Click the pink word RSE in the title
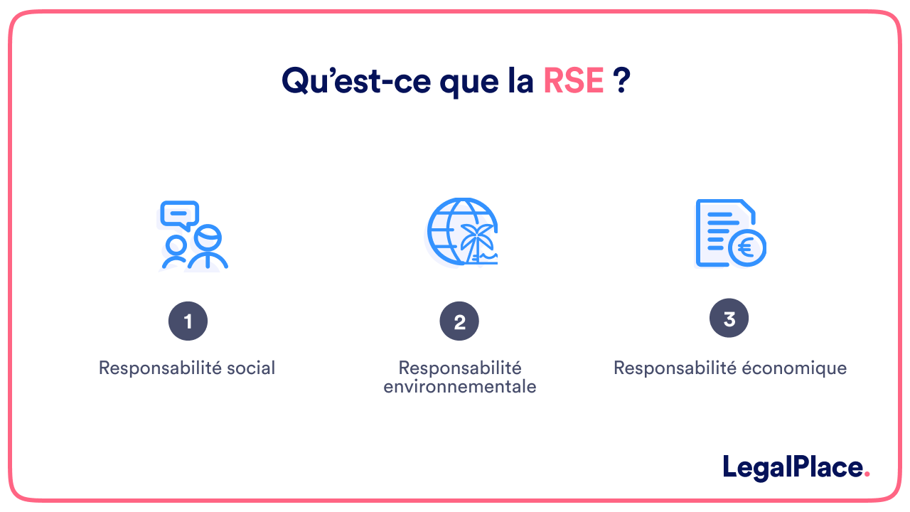pyautogui.click(x=573, y=81)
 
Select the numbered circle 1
pyautogui.click(x=188, y=322)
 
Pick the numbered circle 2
pyautogui.click(x=459, y=322)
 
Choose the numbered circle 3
pyautogui.click(x=729, y=319)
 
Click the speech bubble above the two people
pyautogui.click(x=179, y=214)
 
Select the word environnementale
pyautogui.click(x=459, y=388)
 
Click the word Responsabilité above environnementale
pyautogui.click(x=459, y=368)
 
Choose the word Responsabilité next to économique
pyautogui.click(x=673, y=368)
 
